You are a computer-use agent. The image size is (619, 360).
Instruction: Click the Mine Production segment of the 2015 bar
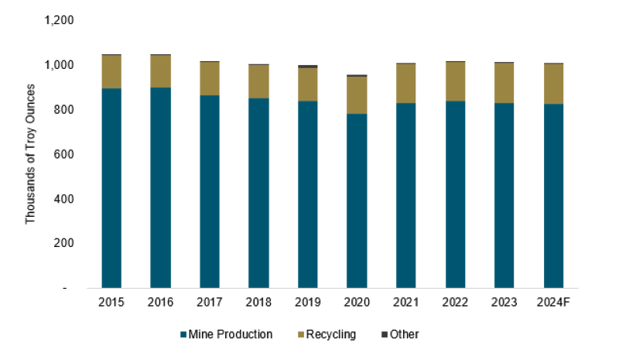pos(111,188)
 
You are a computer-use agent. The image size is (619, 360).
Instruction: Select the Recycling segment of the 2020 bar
pos(357,95)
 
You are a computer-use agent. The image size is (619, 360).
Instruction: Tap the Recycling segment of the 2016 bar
pos(160,71)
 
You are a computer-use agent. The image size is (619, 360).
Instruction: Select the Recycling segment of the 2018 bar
pos(258,81)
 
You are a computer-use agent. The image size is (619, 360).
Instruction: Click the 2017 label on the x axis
pos(210,300)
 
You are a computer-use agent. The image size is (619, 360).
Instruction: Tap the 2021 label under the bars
pos(406,300)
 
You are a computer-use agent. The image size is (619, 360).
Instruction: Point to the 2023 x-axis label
pos(504,300)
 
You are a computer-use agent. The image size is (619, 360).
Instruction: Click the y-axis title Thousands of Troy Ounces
pos(31,155)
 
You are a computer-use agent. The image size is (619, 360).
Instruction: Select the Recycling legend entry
pos(330,334)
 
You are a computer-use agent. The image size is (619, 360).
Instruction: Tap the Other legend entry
pos(404,334)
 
